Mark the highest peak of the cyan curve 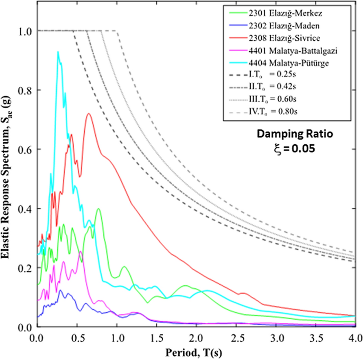[x=58, y=51]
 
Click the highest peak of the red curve [x=88, y=113]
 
